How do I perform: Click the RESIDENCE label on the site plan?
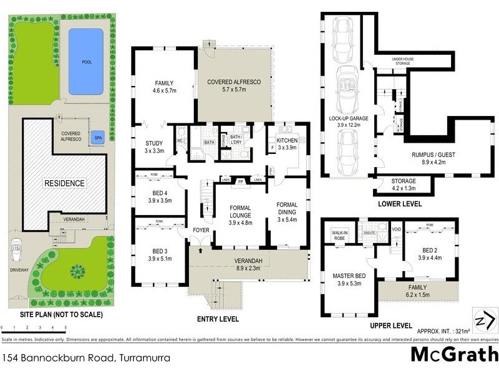pyautogui.click(x=64, y=183)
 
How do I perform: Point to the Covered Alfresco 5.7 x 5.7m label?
pyautogui.click(x=233, y=85)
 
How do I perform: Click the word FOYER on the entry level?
pyautogui.click(x=200, y=229)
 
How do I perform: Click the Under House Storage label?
pyautogui.click(x=407, y=61)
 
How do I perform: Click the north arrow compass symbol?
pyautogui.click(x=484, y=320)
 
